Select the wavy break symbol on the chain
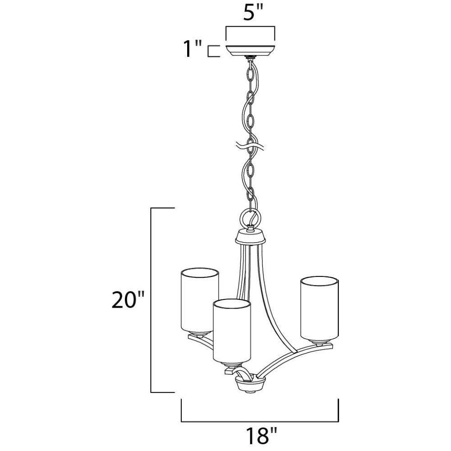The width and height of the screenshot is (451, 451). tap(250, 146)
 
